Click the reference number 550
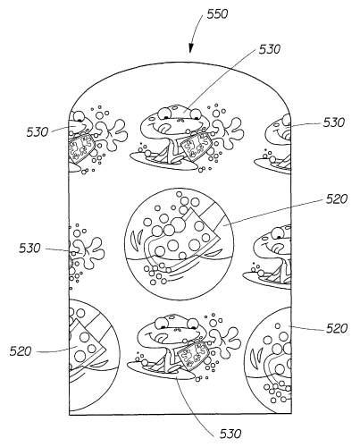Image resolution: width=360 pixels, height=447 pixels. [217, 14]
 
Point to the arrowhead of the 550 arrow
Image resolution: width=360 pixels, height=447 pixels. [190, 49]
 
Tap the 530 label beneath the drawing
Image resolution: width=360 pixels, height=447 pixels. [230, 434]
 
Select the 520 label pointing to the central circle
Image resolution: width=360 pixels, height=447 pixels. [337, 199]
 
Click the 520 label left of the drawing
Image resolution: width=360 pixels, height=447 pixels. [21, 351]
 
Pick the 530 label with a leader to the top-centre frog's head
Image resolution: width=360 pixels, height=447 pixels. [270, 49]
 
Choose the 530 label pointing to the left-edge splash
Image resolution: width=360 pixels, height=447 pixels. [29, 248]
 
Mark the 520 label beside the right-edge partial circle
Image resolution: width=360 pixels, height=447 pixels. [337, 328]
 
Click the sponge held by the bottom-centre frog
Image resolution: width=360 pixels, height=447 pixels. [191, 356]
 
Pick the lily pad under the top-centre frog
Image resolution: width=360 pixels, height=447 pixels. [163, 161]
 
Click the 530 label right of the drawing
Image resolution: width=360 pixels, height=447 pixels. [334, 122]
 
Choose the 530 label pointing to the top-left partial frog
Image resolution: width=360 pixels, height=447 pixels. [38, 132]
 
